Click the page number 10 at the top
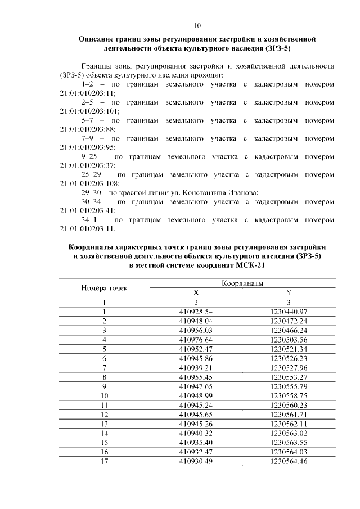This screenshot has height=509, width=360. tap(197, 25)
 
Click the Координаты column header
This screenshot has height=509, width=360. tap(242, 283)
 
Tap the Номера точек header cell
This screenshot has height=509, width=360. tap(105, 288)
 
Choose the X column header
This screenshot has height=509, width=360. tap(196, 292)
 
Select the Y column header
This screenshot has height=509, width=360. tap(289, 292)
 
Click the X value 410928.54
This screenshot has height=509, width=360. tap(196, 311)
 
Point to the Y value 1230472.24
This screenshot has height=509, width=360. tap(289, 321)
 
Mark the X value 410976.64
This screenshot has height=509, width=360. tap(196, 339)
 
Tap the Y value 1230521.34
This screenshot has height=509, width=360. tap(289, 349)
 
